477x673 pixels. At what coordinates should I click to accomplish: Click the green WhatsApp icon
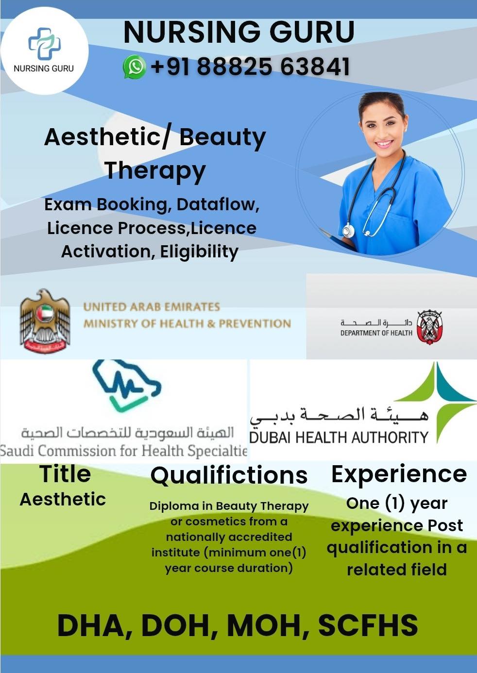tap(135, 67)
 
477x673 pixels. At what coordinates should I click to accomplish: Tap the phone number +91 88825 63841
tap(250, 67)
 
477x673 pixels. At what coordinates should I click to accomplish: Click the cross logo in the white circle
tap(45, 44)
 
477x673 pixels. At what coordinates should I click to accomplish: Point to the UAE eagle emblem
tap(45, 321)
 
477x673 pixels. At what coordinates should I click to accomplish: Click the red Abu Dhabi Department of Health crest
tap(429, 327)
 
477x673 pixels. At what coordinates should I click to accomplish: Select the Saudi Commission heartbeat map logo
tap(127, 386)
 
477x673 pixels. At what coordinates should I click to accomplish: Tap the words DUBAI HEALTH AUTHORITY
tap(339, 437)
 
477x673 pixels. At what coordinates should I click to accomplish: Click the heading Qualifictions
tap(229, 475)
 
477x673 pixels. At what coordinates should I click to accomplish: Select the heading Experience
tap(399, 474)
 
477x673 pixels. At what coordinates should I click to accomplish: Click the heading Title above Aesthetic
tap(65, 474)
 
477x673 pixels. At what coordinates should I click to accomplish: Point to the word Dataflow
tap(218, 204)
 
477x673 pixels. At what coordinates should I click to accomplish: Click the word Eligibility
tap(199, 252)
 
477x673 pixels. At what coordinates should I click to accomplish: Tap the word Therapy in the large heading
tap(155, 171)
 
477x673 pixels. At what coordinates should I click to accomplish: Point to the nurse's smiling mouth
tap(384, 144)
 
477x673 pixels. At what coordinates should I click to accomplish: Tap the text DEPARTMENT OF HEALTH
tap(376, 333)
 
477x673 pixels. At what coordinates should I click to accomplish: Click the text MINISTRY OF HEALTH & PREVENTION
tap(187, 323)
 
